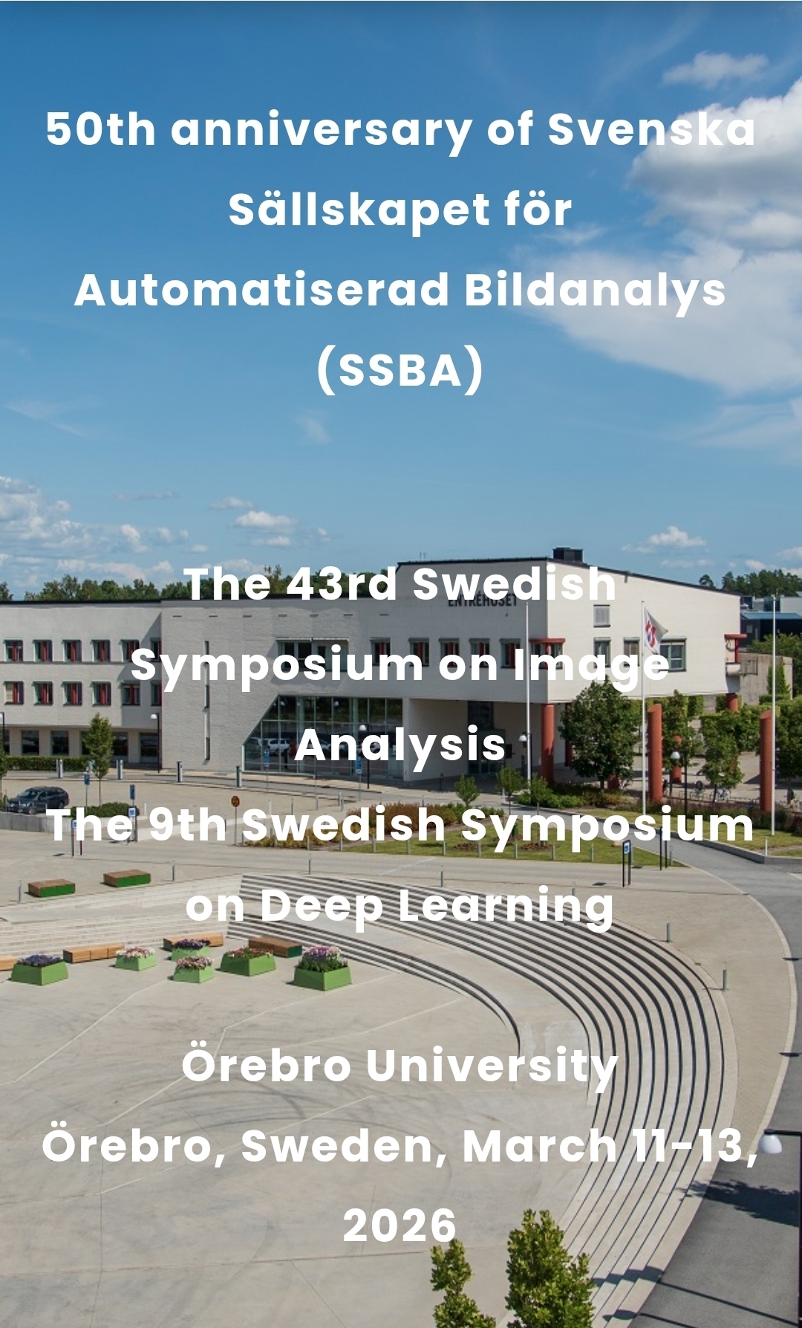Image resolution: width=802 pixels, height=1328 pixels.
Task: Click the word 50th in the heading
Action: click(101, 129)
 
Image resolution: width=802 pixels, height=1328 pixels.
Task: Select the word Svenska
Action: click(651, 129)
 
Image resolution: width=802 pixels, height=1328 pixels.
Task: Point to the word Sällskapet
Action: click(359, 210)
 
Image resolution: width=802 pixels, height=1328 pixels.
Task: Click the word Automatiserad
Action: click(262, 289)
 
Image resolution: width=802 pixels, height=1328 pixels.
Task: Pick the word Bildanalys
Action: click(596, 291)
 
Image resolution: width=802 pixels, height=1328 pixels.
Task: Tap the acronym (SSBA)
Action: click(400, 370)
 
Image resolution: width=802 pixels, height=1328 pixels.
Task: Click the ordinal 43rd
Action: click(342, 583)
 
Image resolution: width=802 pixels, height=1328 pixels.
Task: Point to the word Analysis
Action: click(400, 745)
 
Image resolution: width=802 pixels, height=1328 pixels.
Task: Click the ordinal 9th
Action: click(187, 824)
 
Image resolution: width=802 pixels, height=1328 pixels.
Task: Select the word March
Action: click(539, 1145)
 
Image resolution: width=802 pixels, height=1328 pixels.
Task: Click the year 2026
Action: click(400, 1225)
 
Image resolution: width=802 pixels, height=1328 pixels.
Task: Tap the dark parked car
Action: click(37, 800)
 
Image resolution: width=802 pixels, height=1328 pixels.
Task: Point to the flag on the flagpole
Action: click(653, 629)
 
